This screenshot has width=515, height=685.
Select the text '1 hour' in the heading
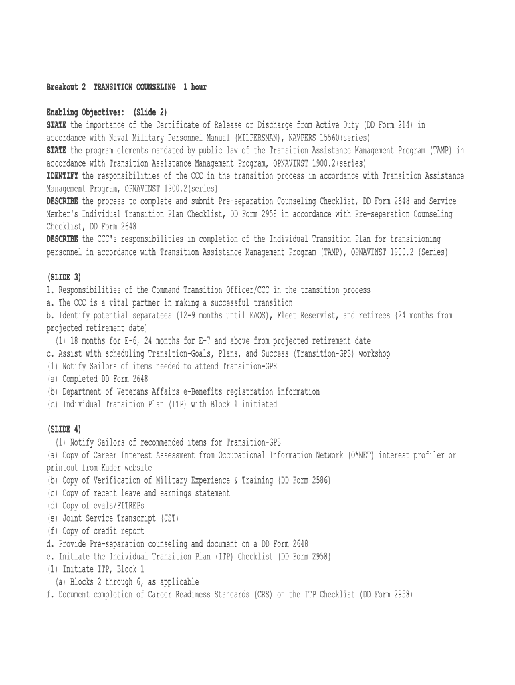click(195, 87)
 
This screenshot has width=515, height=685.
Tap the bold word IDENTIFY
click(62, 175)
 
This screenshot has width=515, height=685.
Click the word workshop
click(371, 353)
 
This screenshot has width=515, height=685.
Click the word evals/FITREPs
click(112, 506)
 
